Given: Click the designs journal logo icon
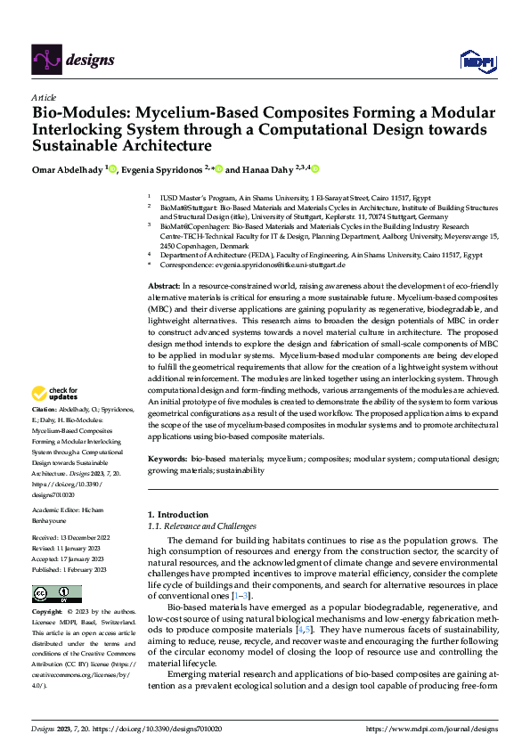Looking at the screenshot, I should click(45, 60).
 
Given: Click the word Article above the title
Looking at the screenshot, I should click(44, 97).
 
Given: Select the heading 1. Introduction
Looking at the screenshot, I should click(178, 514).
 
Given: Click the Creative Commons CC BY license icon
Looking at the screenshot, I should click(56, 594).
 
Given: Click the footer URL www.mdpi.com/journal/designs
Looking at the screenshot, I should click(439, 729).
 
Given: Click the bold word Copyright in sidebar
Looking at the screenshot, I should click(47, 613).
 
